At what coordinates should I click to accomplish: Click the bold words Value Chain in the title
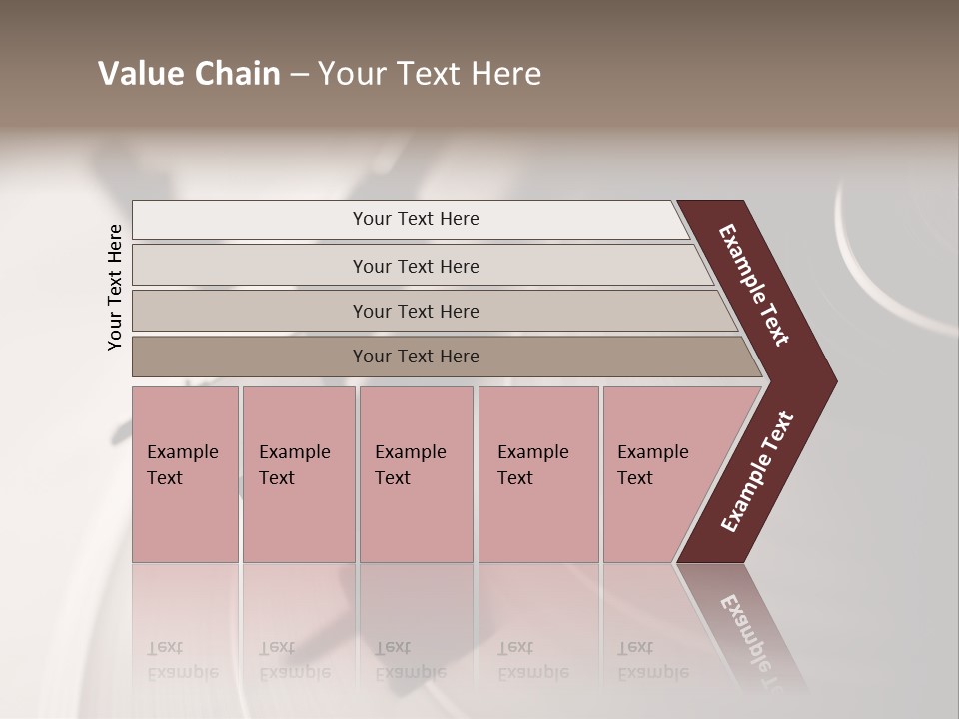coord(189,74)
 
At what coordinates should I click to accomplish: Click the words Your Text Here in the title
coord(430,74)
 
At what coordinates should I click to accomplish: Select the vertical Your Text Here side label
coord(115,288)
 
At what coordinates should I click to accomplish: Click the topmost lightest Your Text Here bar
coord(416,219)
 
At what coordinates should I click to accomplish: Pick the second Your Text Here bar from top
coord(416,266)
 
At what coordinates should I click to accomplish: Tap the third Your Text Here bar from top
coord(416,311)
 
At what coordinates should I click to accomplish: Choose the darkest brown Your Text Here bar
coord(416,357)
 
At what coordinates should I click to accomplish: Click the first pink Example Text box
coord(185,473)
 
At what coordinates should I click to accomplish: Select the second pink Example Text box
coord(298,473)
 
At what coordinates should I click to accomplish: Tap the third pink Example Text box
coord(416,473)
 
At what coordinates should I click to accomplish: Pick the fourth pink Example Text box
coord(537,473)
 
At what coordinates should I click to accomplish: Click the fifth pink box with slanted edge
coord(659,473)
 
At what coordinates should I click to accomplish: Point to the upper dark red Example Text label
coord(754,286)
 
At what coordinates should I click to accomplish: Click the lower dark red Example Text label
coord(756,472)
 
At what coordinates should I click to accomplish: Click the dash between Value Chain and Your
coord(299,75)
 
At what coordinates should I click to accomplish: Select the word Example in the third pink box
coord(410,452)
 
